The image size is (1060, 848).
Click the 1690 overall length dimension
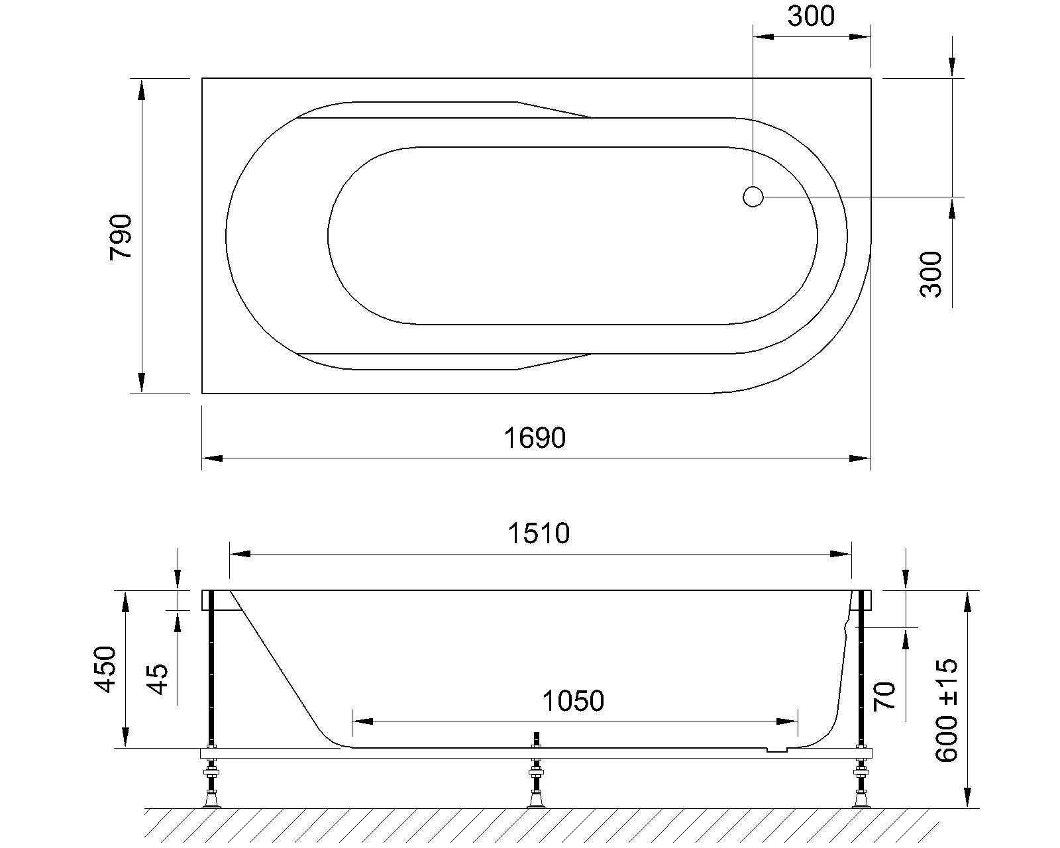tap(535, 437)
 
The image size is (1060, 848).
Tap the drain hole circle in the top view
tap(753, 197)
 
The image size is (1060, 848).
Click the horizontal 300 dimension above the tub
tap(811, 17)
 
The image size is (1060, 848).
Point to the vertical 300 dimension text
tap(930, 274)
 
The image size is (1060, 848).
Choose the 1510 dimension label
tap(539, 533)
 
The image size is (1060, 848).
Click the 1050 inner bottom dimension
tap(573, 701)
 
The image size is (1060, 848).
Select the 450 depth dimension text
tap(105, 669)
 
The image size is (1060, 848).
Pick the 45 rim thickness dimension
tap(158, 680)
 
